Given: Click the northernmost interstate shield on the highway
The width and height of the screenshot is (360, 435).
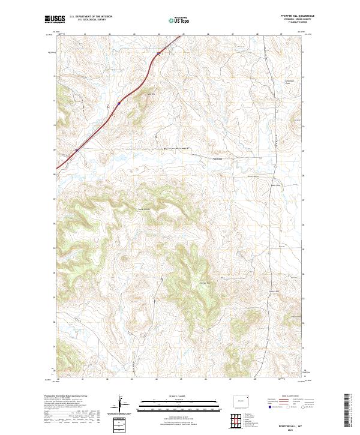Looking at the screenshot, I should [158, 53].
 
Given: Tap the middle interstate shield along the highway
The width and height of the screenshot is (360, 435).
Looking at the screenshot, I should [119, 103].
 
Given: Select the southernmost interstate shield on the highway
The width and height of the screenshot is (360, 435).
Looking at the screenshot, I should [76, 150].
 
